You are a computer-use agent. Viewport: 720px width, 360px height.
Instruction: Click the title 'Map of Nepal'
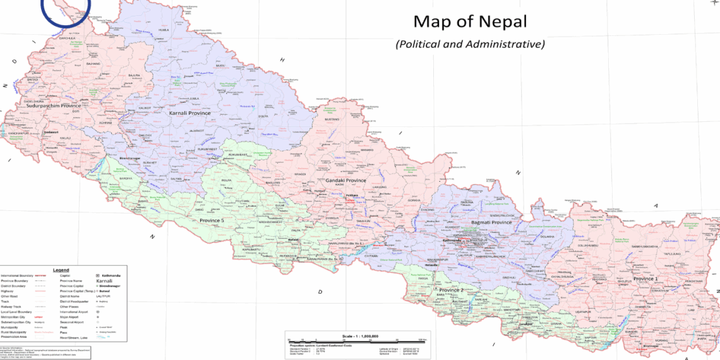pos(471,21)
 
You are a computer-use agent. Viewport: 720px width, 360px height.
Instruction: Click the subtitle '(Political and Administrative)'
pos(470,44)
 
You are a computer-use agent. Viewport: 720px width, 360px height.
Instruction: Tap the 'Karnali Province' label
pos(189,113)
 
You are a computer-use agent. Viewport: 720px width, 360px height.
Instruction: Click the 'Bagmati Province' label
pos(491,223)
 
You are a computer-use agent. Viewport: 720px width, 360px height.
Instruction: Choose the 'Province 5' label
pos(212,220)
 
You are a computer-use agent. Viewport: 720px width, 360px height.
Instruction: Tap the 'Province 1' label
pos(645,279)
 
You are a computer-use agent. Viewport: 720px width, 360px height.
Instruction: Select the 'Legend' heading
pos(61,270)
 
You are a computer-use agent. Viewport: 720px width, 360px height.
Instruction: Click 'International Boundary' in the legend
pos(17,276)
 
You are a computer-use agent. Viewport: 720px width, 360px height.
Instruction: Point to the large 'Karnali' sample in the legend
pos(104,285)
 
